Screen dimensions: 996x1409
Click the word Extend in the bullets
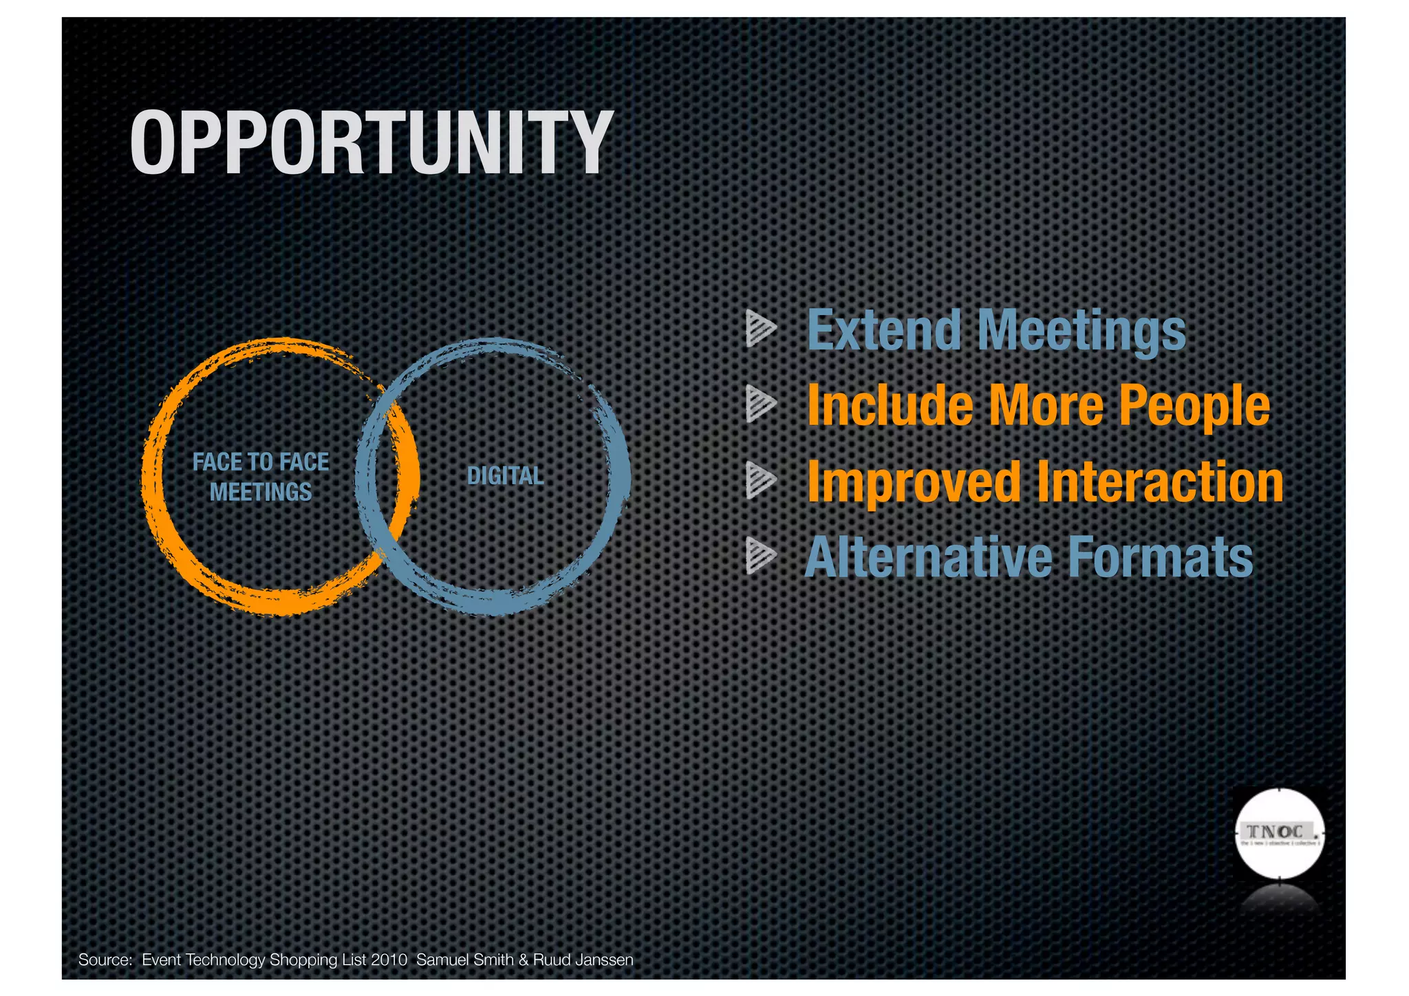pyautogui.click(x=883, y=331)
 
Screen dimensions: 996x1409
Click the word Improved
pyautogui.click(x=914, y=483)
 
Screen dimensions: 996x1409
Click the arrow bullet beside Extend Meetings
pyautogui.click(x=760, y=329)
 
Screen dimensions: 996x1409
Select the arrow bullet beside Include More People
pyautogui.click(x=760, y=404)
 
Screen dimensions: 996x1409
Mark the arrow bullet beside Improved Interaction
pyautogui.click(x=760, y=480)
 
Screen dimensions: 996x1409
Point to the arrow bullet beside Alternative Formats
pyautogui.click(x=760, y=556)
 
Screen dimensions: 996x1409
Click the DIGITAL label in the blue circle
pyautogui.click(x=505, y=476)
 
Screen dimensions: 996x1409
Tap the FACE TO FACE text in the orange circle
pyautogui.click(x=261, y=462)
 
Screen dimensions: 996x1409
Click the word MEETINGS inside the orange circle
pyautogui.click(x=261, y=492)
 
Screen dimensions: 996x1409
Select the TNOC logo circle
pyautogui.click(x=1278, y=834)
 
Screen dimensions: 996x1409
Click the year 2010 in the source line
pyautogui.click(x=389, y=960)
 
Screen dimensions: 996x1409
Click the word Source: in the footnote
pyautogui.click(x=105, y=960)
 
